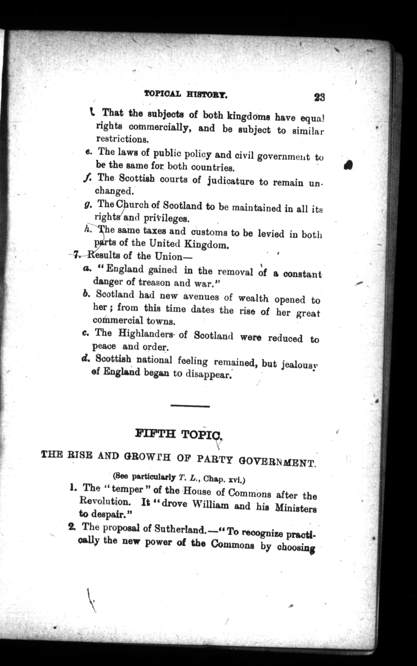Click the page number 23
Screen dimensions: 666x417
click(319, 97)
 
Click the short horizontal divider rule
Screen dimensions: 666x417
click(190, 406)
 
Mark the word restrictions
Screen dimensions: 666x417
click(122, 139)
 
